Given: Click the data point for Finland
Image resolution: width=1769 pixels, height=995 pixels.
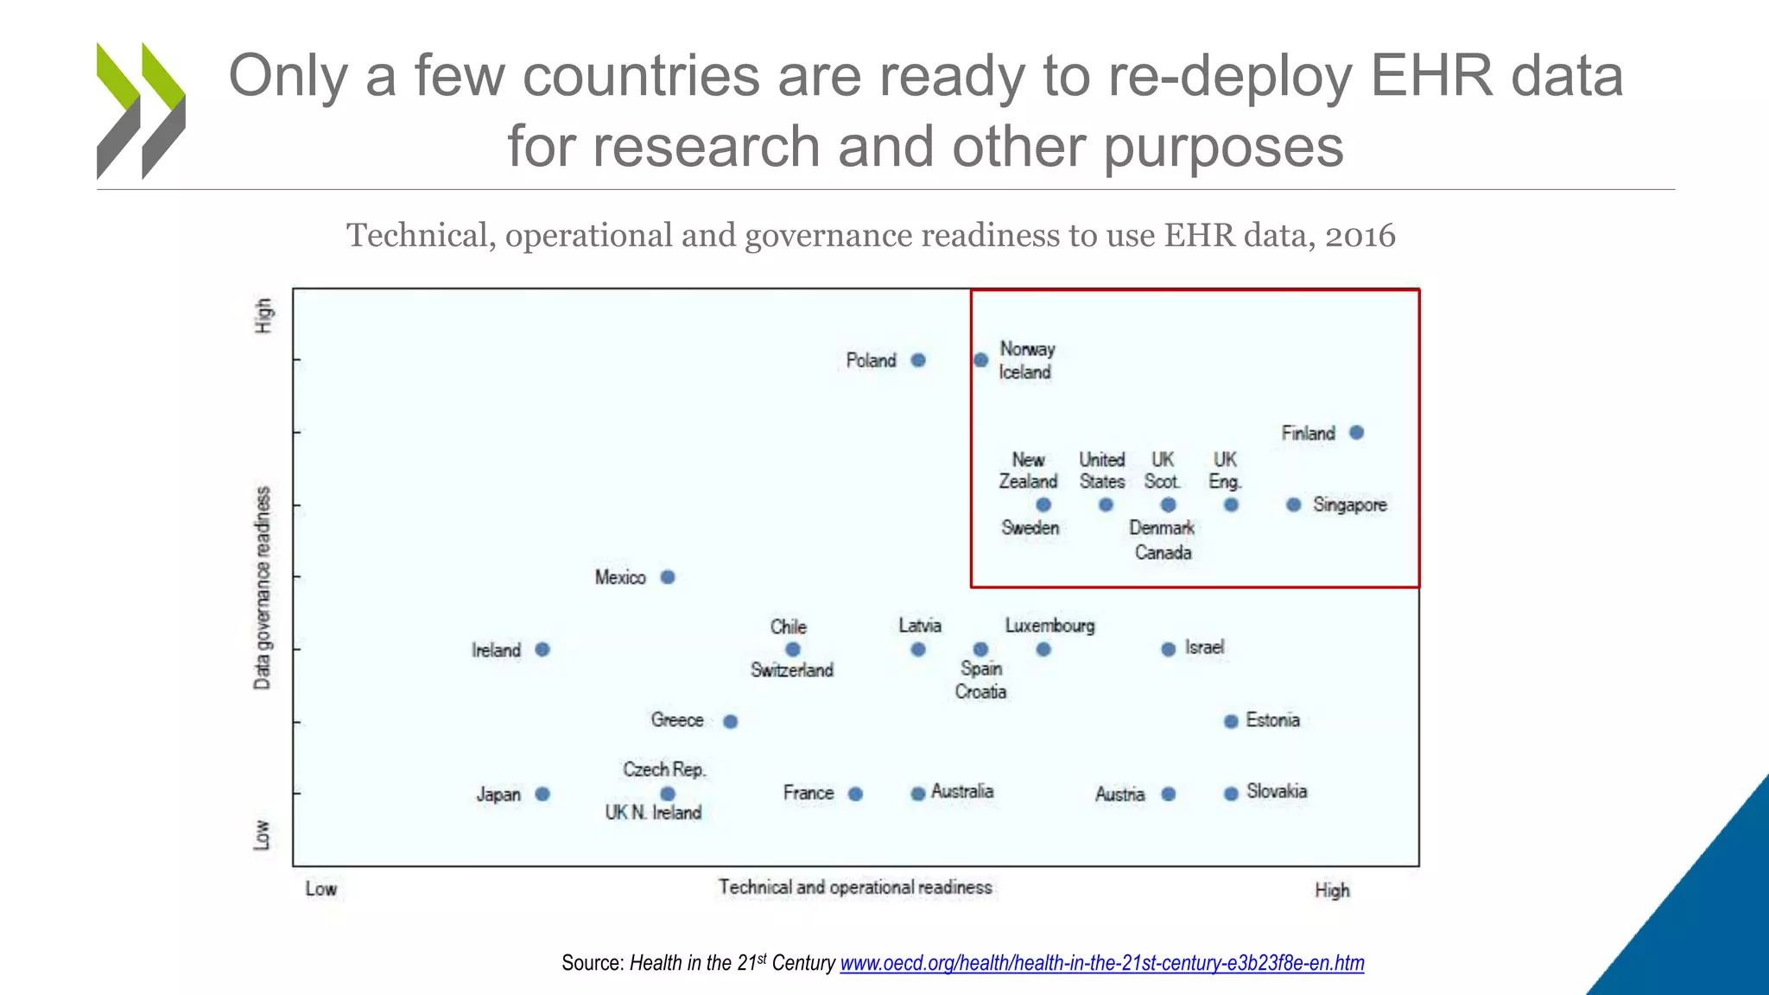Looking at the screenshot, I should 1356,432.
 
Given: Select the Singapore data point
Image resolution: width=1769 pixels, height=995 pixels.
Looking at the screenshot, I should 1293,504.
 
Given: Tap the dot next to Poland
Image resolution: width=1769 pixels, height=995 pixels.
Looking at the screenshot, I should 918,360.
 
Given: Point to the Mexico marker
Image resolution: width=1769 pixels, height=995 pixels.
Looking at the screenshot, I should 668,577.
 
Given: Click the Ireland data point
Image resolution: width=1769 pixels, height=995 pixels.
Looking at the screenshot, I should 542,650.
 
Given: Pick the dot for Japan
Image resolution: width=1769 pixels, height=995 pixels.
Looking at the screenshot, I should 542,794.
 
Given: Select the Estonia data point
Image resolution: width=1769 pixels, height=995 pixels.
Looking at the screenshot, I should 1231,721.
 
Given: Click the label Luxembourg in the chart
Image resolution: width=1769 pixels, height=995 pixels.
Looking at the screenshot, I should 1049,625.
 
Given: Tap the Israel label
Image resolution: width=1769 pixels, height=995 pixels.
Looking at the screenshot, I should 1204,648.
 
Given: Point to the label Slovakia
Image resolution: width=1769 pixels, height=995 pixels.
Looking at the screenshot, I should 1277,791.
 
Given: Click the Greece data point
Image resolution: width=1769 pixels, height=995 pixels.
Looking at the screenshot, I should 730,721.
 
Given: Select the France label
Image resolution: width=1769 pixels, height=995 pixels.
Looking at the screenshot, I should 808,793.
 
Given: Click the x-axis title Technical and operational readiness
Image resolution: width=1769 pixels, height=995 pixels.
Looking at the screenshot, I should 855,887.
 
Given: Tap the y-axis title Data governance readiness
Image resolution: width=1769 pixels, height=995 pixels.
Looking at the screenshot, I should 262,588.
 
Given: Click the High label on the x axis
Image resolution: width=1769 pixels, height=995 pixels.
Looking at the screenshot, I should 1332,890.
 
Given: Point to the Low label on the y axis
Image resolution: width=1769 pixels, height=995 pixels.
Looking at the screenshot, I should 262,834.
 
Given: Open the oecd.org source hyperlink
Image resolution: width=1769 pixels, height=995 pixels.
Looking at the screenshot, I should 1101,963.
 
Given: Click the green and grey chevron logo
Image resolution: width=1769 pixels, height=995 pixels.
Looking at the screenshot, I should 141,111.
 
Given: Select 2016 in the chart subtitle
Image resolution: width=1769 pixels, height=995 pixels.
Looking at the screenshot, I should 1360,235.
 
